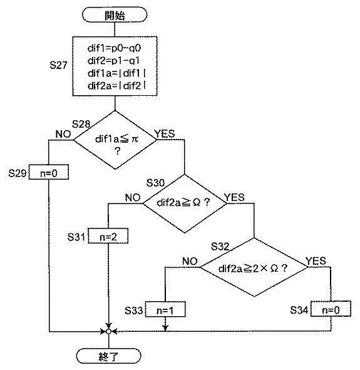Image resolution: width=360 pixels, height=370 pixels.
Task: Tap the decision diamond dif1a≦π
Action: tap(115, 141)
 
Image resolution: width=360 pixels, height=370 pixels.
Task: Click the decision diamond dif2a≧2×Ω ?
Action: tap(253, 268)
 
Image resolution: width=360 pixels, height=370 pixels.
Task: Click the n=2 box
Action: tap(108, 237)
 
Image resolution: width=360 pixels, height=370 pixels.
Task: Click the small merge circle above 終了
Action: tap(108, 330)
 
